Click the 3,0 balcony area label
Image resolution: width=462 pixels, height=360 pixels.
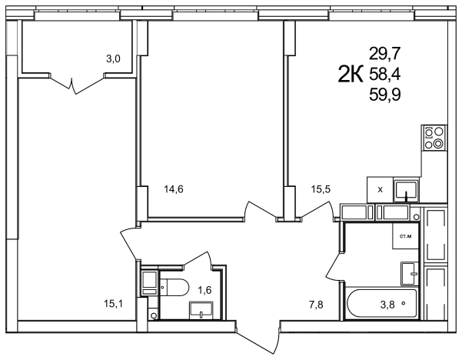click(x=113, y=59)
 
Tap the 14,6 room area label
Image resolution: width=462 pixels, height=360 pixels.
click(x=174, y=189)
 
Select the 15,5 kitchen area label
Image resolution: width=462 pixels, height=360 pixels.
click(x=321, y=189)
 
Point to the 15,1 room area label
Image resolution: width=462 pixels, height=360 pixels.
click(x=113, y=303)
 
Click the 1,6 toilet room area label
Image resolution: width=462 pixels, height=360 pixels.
click(x=204, y=290)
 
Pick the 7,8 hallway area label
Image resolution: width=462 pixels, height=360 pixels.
click(x=316, y=305)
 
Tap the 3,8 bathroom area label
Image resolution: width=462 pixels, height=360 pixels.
click(x=387, y=305)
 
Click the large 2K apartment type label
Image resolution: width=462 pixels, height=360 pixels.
click(x=350, y=74)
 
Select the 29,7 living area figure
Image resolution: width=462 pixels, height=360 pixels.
click(x=385, y=54)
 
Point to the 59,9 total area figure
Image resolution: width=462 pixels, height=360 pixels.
click(x=385, y=95)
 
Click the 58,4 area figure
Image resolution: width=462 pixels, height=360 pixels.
click(x=385, y=75)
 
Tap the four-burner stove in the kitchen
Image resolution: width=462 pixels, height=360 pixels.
click(x=434, y=137)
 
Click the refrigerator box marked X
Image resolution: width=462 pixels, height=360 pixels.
click(x=380, y=190)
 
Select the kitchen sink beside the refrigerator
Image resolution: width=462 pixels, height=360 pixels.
click(x=407, y=190)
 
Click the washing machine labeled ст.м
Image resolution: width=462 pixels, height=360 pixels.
click(x=405, y=236)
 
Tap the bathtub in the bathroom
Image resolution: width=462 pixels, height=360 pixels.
click(x=382, y=304)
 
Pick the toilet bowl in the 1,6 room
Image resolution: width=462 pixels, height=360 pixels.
click(x=174, y=287)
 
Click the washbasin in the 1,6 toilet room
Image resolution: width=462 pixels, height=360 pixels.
click(x=201, y=309)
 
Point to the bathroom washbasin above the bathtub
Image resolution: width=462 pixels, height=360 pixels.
click(x=410, y=274)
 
